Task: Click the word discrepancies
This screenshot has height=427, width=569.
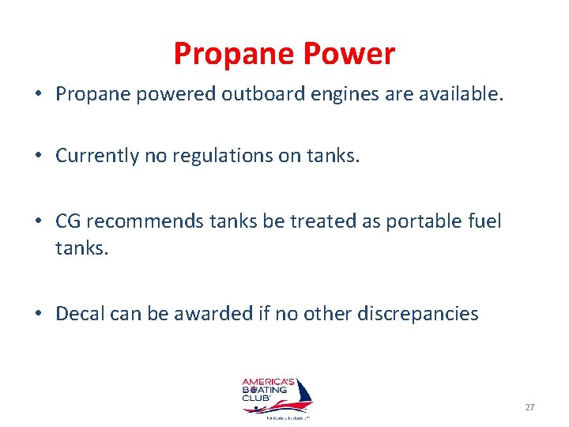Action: (x=417, y=314)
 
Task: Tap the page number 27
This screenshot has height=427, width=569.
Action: (x=529, y=407)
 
